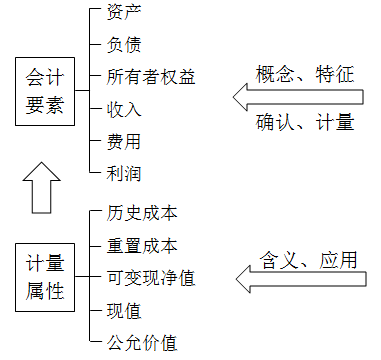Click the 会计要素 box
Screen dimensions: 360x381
coord(47,91)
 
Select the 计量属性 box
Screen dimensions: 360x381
coord(47,277)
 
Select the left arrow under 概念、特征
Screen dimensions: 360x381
coord(300,98)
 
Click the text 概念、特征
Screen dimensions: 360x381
coord(307,73)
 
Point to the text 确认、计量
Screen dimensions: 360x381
coord(307,123)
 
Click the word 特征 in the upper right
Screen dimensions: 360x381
coord(336,73)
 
